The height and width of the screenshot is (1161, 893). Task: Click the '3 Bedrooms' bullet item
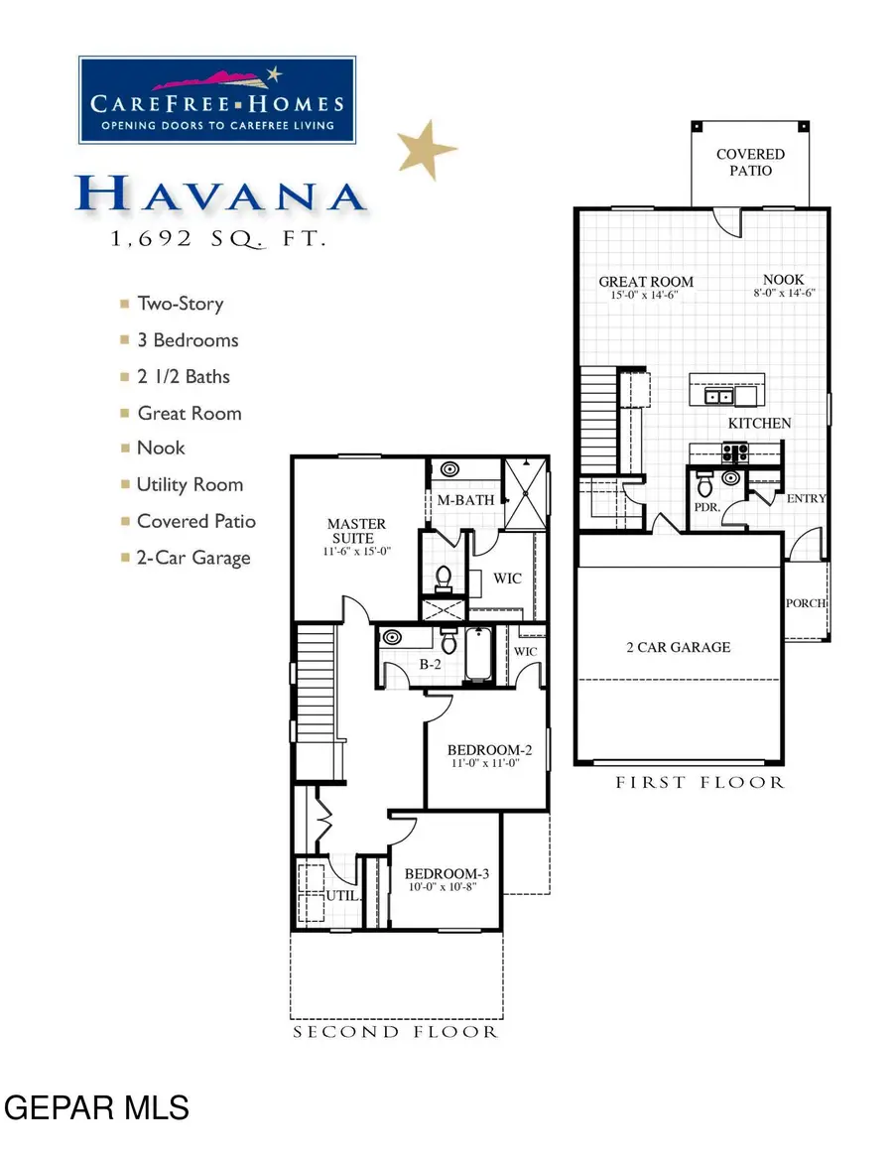[188, 340]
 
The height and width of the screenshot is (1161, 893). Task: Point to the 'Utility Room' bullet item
[190, 485]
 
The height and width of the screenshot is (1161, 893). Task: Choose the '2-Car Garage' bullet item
[193, 558]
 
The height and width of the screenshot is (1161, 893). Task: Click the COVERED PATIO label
[750, 162]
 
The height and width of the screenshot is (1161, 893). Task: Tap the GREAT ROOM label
[646, 282]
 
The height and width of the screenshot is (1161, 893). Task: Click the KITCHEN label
[760, 424]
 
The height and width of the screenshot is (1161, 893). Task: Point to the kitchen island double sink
[719, 397]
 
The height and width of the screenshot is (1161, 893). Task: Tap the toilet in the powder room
[705, 486]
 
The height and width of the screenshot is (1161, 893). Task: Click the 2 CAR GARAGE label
[678, 648]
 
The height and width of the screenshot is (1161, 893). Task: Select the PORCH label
[806, 603]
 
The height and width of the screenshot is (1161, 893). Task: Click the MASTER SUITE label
[357, 530]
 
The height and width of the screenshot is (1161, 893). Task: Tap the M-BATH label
[466, 500]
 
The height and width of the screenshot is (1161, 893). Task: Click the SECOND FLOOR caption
[395, 1033]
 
